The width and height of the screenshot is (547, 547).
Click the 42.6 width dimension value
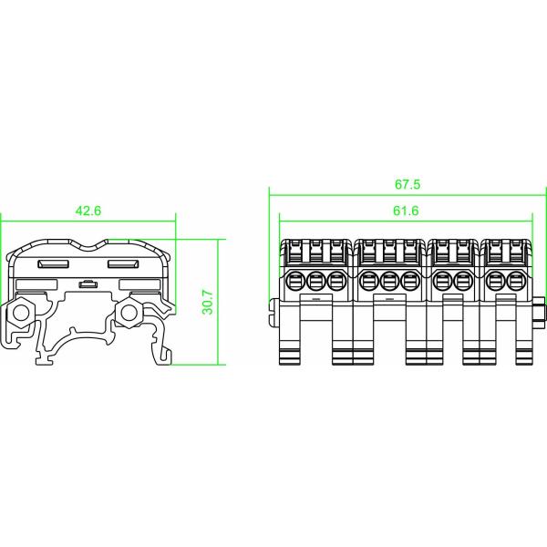tap(88, 211)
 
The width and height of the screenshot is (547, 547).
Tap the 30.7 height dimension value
tap(208, 302)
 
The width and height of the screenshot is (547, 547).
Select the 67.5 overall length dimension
tap(408, 184)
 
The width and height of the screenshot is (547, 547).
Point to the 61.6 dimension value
tap(407, 211)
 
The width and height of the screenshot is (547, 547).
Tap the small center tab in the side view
tap(88, 284)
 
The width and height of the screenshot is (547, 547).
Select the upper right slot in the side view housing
tap(123, 264)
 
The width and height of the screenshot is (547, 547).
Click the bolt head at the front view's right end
tap(539, 313)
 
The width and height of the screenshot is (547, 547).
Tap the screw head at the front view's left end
tap(273, 313)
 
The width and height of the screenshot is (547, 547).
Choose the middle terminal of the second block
tap(390, 279)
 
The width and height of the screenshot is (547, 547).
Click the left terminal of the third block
tap(442, 279)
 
